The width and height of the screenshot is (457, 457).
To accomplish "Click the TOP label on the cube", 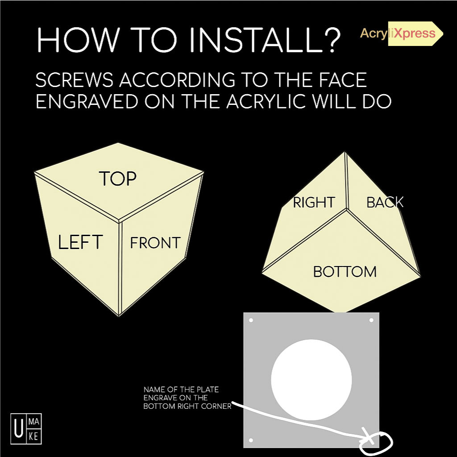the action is [x=117, y=179].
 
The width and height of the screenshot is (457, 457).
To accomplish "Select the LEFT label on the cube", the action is [x=80, y=242].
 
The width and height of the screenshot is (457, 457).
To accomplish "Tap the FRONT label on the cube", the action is [x=155, y=243].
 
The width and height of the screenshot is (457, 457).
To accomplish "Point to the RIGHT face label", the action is [x=314, y=202].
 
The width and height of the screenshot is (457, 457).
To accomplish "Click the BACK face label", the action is [x=385, y=202].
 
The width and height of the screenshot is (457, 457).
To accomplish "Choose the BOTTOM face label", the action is [x=345, y=272].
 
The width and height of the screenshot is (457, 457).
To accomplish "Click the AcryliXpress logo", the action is [x=401, y=33].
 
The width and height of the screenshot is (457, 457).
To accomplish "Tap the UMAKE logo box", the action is [x=26, y=428].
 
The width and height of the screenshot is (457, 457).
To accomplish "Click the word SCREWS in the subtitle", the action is [x=74, y=80].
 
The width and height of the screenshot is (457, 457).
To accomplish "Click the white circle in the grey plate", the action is [x=311, y=380].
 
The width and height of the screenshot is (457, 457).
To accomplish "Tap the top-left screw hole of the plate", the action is [x=251, y=320].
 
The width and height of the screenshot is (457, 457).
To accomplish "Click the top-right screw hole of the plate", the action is [x=371, y=320].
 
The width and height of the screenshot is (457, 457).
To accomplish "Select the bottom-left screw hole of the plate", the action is [x=251, y=440].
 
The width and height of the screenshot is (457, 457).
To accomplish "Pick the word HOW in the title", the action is [x=78, y=40].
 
